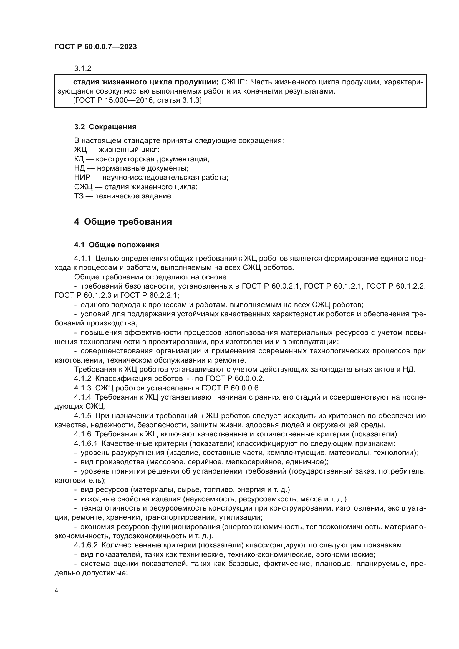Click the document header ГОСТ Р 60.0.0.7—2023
[x=95, y=47]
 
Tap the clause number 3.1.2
[x=82, y=69]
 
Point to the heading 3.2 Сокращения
[x=105, y=127]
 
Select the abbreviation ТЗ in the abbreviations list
[x=79, y=196]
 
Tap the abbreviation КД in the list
[x=79, y=159]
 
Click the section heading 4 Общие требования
[x=123, y=222]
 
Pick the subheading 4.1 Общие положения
[x=117, y=245]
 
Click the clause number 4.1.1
[x=82, y=258]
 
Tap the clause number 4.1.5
[x=82, y=416]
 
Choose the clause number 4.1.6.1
[x=86, y=443]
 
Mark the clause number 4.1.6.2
[x=86, y=545]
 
